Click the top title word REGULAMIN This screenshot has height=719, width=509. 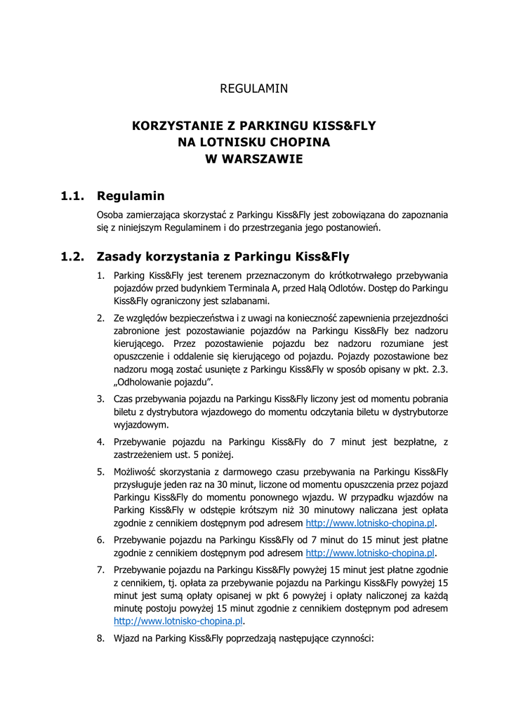click(x=254, y=89)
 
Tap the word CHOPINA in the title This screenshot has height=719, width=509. click(x=297, y=143)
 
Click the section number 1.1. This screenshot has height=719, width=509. click(x=72, y=196)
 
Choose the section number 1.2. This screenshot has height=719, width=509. click(x=72, y=256)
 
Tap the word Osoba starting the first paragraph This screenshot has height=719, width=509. click(x=111, y=214)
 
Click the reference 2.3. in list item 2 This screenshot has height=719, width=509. click(x=439, y=369)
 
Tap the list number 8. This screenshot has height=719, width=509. click(x=100, y=639)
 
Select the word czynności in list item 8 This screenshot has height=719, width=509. click(x=350, y=639)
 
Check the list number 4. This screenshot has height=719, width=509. click(x=100, y=442)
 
